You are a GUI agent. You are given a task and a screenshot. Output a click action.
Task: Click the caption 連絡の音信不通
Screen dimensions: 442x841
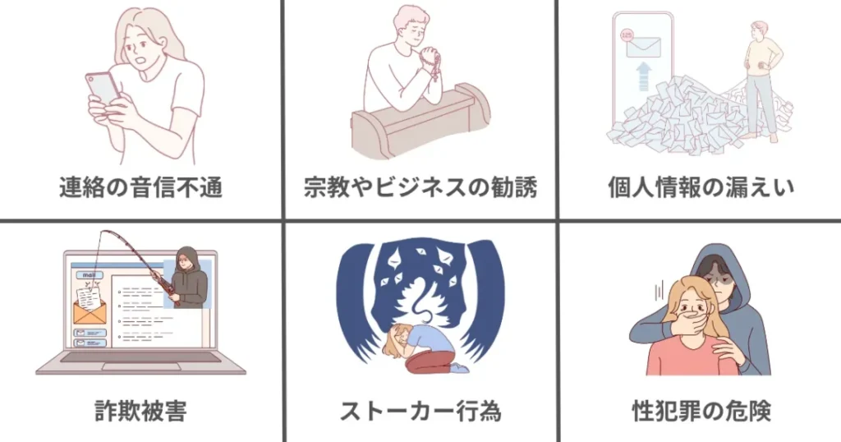pyautogui.click(x=140, y=188)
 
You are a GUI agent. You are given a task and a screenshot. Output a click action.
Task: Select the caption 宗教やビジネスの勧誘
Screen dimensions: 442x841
pyautogui.click(x=420, y=188)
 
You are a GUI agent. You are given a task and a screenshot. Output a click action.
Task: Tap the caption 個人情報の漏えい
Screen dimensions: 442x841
pyautogui.click(x=701, y=188)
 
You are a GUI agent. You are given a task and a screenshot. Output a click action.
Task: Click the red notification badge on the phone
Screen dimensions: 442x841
pyautogui.click(x=627, y=35)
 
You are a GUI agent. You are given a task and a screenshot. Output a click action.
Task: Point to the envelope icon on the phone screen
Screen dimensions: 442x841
pyautogui.click(x=644, y=47)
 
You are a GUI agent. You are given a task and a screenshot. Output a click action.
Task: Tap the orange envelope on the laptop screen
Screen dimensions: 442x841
pyautogui.click(x=88, y=311)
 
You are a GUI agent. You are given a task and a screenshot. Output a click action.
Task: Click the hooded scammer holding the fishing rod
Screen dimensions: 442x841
pyautogui.click(x=189, y=279)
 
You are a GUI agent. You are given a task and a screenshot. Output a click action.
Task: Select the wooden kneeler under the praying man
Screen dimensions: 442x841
pyautogui.click(x=419, y=123)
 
